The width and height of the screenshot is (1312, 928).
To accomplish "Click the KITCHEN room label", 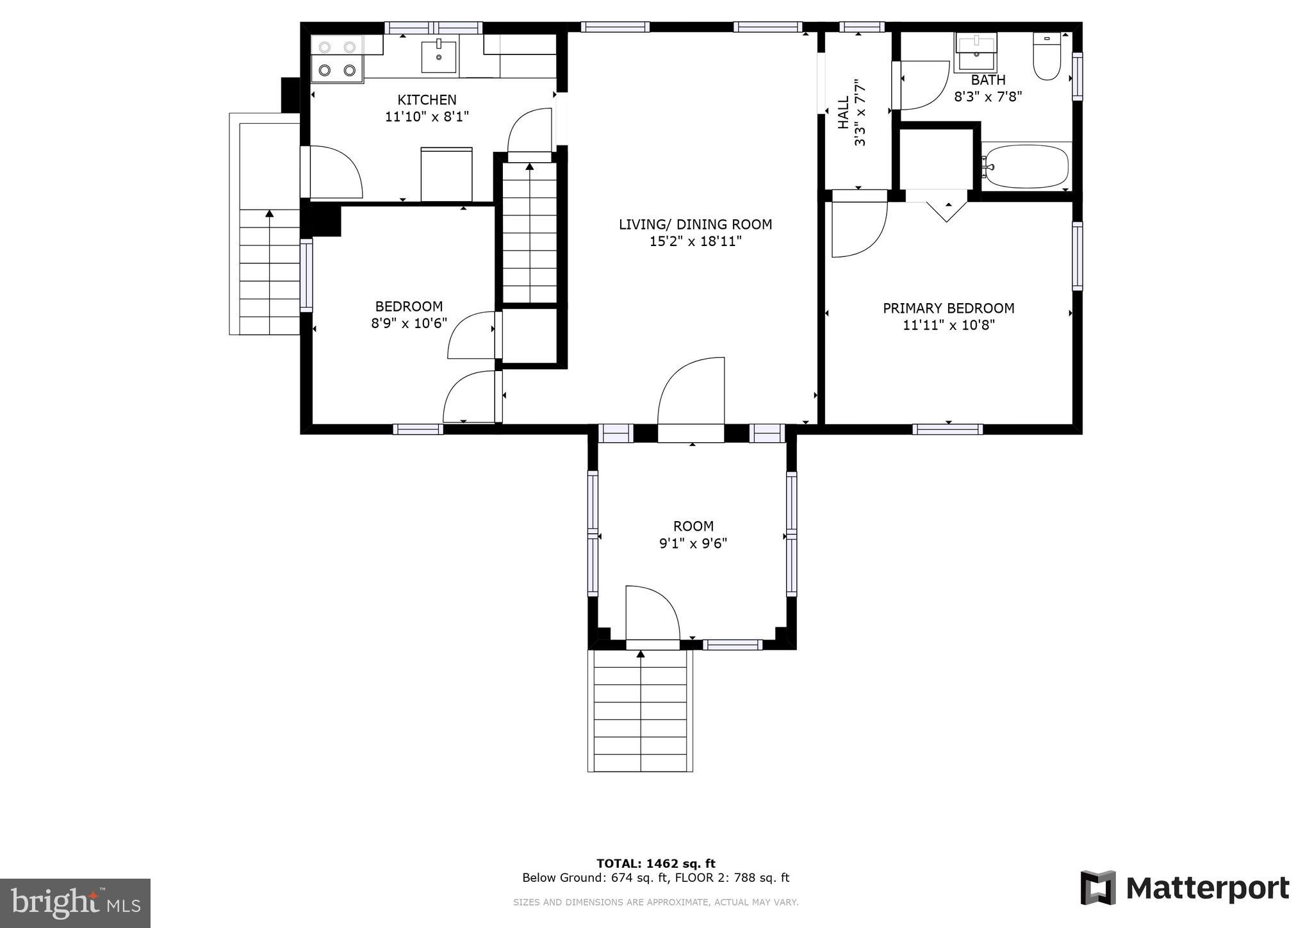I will pos(427,100).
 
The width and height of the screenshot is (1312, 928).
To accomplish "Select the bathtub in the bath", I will pos(1026,166).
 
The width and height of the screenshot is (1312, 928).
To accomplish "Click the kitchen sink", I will pos(439,56).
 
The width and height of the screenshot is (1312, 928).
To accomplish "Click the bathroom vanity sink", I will pos(976,53).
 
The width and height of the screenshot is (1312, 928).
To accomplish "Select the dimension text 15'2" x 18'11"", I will pos(695,242).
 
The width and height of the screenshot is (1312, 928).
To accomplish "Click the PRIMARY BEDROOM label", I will pos(948,308).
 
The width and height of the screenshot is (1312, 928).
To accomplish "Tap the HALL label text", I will pos(844,112).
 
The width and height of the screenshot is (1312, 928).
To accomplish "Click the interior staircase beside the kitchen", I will pos(529,233).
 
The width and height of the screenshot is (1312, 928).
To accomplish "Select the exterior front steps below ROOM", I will pos(640,711).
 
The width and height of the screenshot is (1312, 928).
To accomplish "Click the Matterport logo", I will pos(1185,888).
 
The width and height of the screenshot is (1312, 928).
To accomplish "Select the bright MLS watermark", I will pos(75,903).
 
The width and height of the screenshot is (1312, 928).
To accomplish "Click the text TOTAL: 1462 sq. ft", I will pos(655,863).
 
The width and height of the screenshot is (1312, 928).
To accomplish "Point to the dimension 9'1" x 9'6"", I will pos(693,543).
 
